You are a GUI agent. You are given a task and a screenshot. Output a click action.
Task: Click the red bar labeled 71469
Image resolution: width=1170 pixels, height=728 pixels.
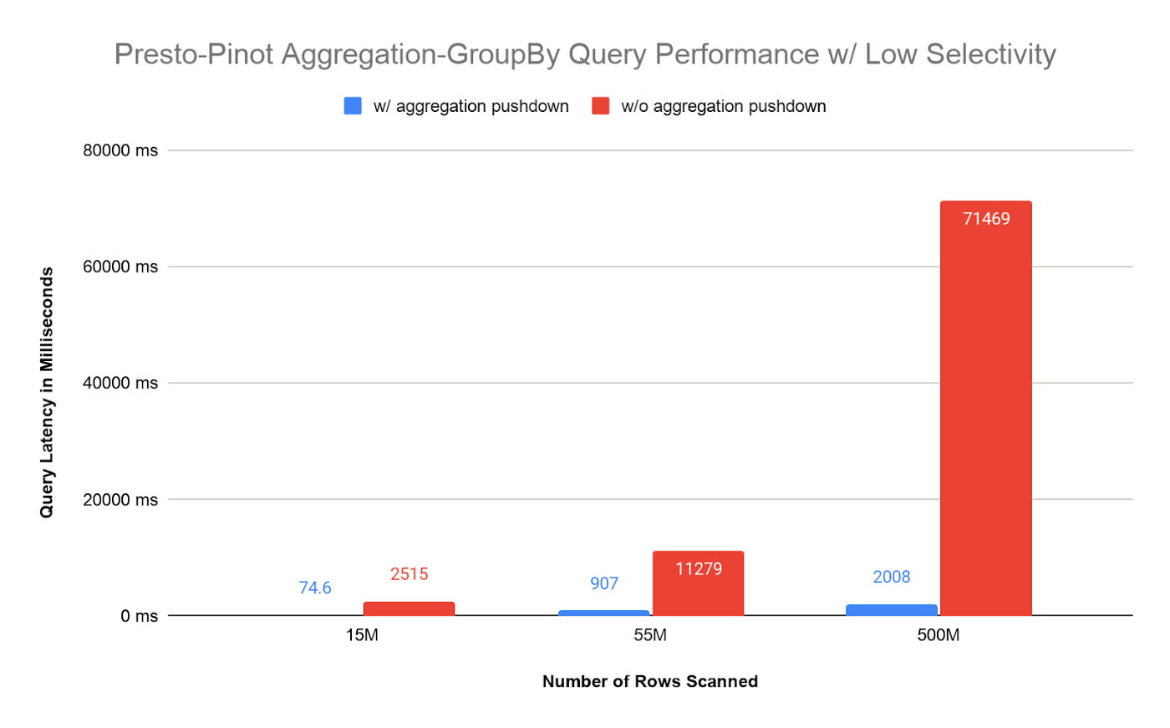pyautogui.click(x=985, y=410)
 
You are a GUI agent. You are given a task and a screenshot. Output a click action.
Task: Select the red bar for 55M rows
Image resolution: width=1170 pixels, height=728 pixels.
pyautogui.click(x=698, y=585)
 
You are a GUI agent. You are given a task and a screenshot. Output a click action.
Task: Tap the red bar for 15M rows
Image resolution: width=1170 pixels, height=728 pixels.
pyautogui.click(x=409, y=608)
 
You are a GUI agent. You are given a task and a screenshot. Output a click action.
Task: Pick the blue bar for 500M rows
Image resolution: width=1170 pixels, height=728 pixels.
pyautogui.click(x=891, y=609)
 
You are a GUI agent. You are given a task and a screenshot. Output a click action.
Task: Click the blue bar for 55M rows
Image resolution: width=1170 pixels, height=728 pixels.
pyautogui.click(x=603, y=613)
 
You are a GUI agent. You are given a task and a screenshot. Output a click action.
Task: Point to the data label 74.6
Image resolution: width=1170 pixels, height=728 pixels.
pyautogui.click(x=315, y=588)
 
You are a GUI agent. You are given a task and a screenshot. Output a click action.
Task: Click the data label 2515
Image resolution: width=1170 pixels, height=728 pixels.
pyautogui.click(x=409, y=574)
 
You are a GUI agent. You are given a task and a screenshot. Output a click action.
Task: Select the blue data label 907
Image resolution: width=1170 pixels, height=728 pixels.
pyautogui.click(x=603, y=583)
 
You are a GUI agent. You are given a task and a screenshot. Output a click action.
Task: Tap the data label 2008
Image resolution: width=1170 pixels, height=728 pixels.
pyautogui.click(x=891, y=577)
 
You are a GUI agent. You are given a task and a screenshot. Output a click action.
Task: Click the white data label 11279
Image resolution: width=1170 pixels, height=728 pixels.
pyautogui.click(x=698, y=569)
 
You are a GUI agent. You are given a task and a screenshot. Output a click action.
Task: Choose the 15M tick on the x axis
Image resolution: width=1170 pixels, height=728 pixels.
pyautogui.click(x=362, y=635)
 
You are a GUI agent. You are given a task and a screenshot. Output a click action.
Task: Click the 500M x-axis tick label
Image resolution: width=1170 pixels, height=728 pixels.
pyautogui.click(x=938, y=635)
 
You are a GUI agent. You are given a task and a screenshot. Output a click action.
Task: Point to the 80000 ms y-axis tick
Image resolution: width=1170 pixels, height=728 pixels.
pyautogui.click(x=120, y=151)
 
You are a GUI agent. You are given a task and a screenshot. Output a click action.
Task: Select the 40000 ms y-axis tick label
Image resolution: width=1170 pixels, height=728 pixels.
pyautogui.click(x=120, y=384)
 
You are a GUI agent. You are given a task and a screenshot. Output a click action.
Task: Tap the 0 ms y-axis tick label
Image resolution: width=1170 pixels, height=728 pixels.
pyautogui.click(x=139, y=616)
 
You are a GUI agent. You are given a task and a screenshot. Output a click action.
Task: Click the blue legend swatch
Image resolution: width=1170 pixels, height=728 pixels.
pyautogui.click(x=353, y=106)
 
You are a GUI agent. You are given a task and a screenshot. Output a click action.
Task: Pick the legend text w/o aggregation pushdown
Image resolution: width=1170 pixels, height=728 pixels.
pyautogui.click(x=723, y=106)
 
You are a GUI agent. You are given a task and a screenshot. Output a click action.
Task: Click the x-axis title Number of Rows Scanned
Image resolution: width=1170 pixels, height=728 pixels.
pyautogui.click(x=649, y=681)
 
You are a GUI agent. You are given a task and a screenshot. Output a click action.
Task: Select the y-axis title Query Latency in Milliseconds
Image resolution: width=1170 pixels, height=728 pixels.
pyautogui.click(x=47, y=392)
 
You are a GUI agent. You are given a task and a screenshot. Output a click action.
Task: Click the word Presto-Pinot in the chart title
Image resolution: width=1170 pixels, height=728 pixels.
pyautogui.click(x=193, y=54)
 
